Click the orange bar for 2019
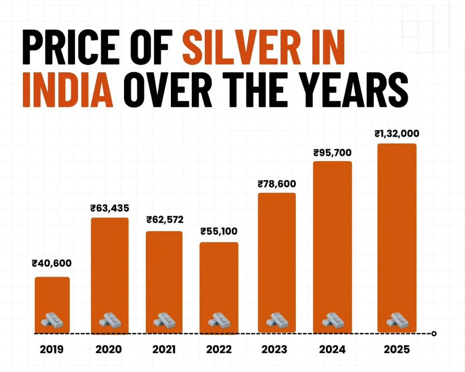point(52,298)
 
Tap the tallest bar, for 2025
point(397,232)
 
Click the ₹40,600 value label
point(52,264)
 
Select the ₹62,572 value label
point(165,220)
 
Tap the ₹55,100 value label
point(219,232)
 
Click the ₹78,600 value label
point(277,184)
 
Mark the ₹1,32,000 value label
point(397,134)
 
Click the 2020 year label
point(108,349)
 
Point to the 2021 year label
point(164,349)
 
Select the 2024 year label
point(332,349)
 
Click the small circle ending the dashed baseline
point(434,333)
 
